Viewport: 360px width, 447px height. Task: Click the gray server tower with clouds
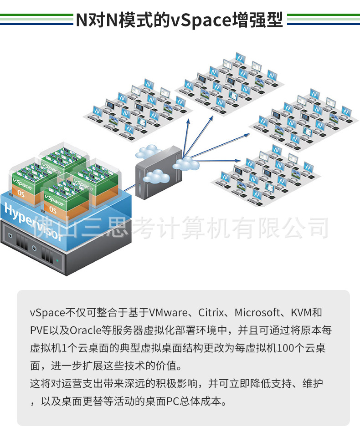(x=159, y=173)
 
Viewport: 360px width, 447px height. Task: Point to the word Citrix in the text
(x=211, y=313)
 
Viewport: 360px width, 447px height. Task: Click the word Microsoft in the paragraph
(x=257, y=313)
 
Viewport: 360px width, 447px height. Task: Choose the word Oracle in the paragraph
(x=86, y=330)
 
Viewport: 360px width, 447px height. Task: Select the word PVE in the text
(x=39, y=330)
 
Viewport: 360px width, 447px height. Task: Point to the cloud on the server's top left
(x=148, y=152)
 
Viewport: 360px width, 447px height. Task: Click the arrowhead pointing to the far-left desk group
(x=188, y=122)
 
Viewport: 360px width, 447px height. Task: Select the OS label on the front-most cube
(x=53, y=209)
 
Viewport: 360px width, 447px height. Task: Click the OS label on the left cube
(x=21, y=193)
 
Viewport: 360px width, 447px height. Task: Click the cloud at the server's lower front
(x=156, y=176)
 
